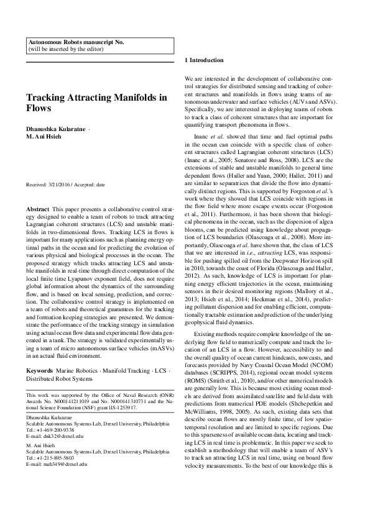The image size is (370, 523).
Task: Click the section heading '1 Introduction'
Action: [205, 60]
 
